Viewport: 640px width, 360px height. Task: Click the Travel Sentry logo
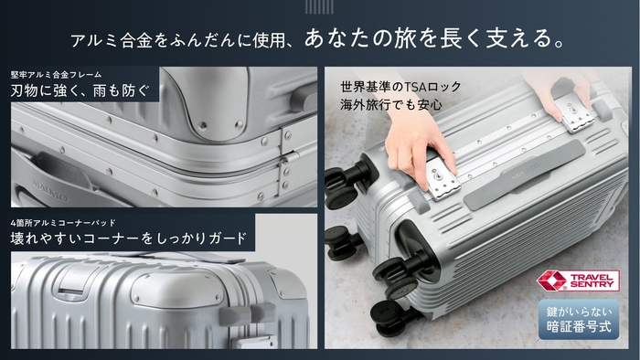[578, 281]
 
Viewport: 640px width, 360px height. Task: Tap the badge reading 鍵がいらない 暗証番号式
[579, 320]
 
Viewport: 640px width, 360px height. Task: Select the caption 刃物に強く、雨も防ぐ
[80, 90]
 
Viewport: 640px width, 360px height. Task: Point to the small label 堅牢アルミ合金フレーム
[56, 75]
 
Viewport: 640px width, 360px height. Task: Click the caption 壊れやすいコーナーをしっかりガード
[129, 238]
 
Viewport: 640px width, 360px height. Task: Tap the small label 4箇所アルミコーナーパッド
[63, 223]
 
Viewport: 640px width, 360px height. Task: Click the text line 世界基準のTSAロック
[400, 87]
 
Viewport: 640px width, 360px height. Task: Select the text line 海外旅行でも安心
[391, 105]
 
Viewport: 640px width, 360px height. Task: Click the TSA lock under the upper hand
[576, 116]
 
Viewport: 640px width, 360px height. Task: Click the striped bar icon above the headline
[319, 6]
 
